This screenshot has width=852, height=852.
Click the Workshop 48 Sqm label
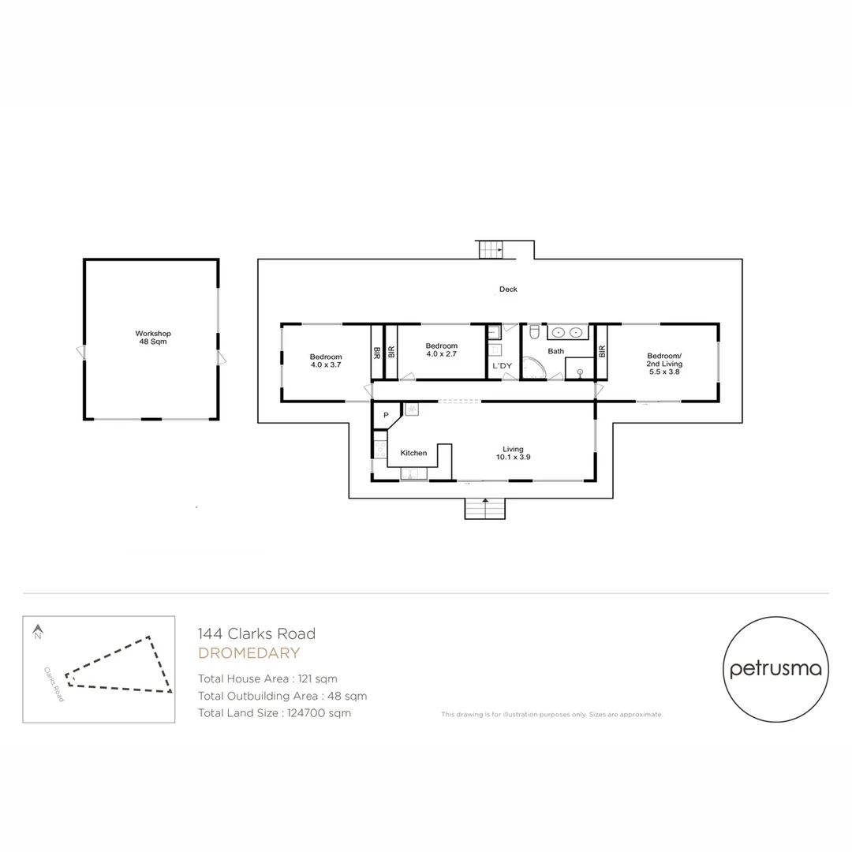pos(152,338)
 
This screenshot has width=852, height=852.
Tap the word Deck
pos(508,290)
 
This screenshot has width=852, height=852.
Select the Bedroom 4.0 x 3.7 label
pos(326,361)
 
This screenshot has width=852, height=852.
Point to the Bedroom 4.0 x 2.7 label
pos(441,350)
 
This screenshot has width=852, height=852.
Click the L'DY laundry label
pos(502,366)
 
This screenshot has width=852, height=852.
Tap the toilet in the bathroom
pos(534,331)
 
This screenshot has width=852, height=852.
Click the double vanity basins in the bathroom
pos(568,332)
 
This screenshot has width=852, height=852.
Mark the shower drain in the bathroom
pos(579,371)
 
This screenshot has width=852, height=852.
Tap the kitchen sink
pos(413,473)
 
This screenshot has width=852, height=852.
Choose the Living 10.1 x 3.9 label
pos(513,453)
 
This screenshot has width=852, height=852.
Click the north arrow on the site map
pos(37,631)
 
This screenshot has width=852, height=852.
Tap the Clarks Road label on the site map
pos(54,684)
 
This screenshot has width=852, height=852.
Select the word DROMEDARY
pos(248,653)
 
